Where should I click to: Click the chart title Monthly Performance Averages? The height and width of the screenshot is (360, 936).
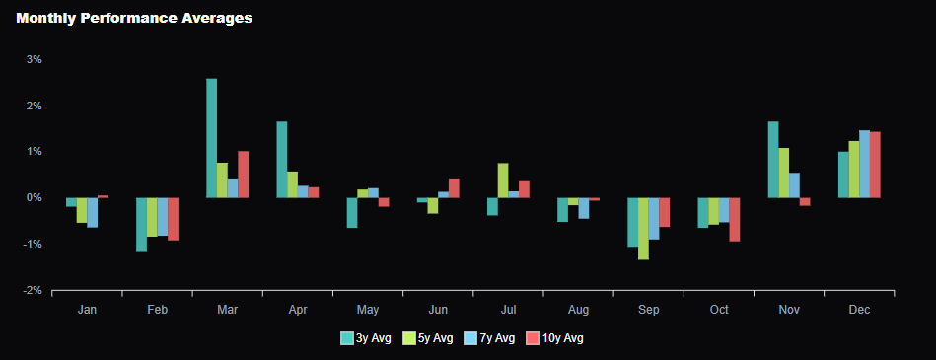(x=134, y=18)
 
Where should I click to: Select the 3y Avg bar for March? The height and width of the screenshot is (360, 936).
(x=211, y=138)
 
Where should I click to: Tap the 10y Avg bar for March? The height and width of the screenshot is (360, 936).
(x=243, y=175)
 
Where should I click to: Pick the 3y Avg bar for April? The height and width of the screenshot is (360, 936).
(x=281, y=160)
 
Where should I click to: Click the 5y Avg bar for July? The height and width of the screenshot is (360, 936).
(x=503, y=180)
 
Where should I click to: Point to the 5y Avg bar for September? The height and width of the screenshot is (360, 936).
(x=643, y=228)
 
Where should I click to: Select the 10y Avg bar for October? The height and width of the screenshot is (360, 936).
(x=734, y=219)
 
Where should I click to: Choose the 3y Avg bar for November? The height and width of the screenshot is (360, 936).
(x=773, y=160)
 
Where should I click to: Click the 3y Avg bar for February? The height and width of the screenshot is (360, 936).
(x=141, y=224)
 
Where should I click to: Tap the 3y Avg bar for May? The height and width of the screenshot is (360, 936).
(x=351, y=212)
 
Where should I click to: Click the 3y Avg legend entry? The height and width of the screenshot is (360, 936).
(x=366, y=338)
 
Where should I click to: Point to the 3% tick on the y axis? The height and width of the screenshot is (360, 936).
(x=34, y=59)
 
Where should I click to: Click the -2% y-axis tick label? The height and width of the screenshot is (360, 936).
(x=32, y=290)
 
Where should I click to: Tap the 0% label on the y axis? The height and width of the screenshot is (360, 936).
(x=34, y=197)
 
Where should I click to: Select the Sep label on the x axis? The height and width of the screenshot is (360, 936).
(x=648, y=310)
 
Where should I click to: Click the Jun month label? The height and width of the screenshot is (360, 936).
(x=438, y=310)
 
